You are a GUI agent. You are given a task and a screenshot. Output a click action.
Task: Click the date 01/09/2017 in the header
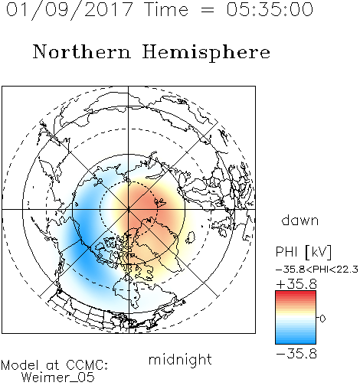[x=69, y=10]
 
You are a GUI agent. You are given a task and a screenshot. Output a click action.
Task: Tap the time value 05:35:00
[x=270, y=9]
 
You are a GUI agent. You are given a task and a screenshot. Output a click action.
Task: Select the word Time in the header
[x=166, y=9]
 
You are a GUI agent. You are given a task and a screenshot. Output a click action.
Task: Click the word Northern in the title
[x=81, y=51]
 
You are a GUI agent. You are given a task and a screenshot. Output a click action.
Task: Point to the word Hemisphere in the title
[x=206, y=53]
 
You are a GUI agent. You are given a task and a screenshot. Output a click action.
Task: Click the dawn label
[x=300, y=220]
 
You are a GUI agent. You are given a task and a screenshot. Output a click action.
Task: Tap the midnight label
[x=180, y=359]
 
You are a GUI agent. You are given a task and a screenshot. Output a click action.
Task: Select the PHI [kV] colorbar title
[x=303, y=252]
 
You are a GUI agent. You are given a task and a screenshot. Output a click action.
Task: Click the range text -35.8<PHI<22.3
[x=317, y=270]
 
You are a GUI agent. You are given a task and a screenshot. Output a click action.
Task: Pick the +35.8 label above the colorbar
[x=296, y=284]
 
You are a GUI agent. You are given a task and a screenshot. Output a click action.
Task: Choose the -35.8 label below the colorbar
[x=296, y=354]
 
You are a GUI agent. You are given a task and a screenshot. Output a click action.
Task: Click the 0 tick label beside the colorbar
[x=322, y=319]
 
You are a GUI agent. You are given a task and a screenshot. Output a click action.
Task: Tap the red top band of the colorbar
[x=296, y=294]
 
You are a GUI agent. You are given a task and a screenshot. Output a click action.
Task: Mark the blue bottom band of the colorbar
[x=296, y=341]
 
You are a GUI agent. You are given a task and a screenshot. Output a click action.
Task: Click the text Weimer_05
[x=58, y=378]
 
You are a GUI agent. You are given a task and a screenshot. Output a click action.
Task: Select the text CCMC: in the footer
[x=87, y=365]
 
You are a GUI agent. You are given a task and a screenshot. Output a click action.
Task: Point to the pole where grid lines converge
[x=129, y=209]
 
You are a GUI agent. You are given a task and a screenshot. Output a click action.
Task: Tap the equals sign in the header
[x=208, y=10]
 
